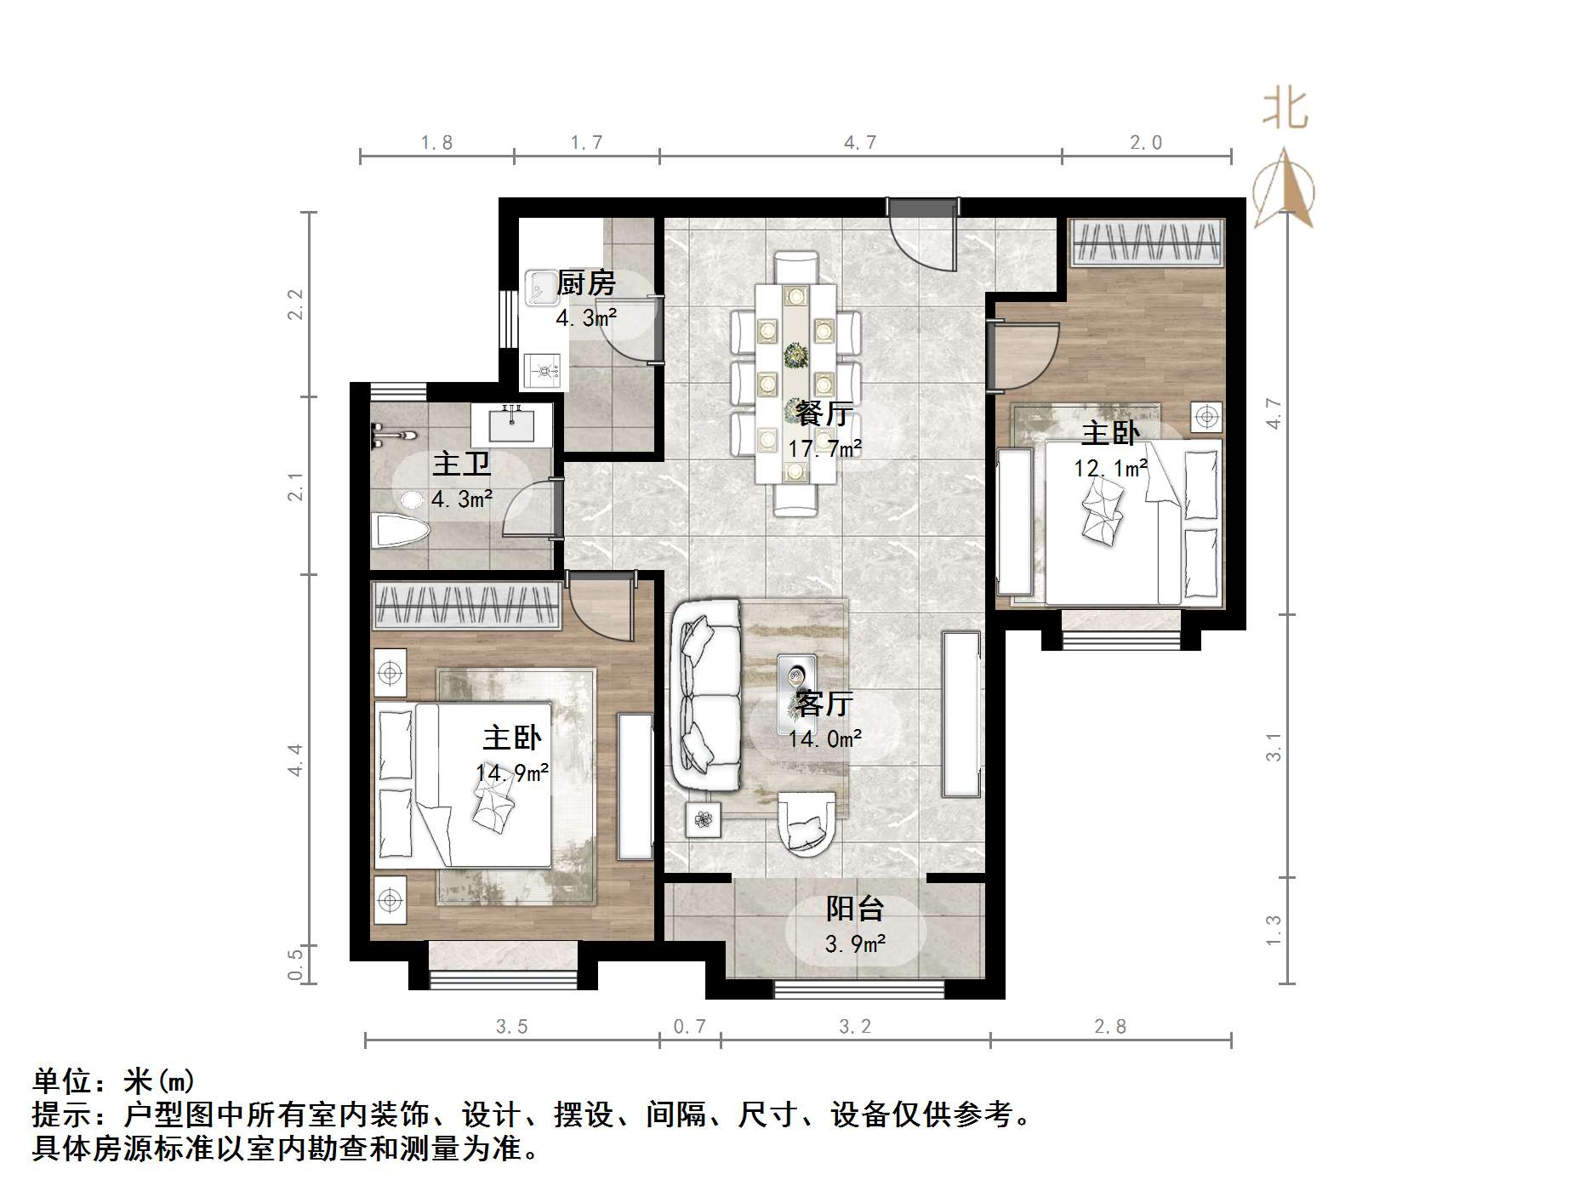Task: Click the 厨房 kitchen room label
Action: pos(585,283)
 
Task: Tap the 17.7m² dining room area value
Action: pos(824,448)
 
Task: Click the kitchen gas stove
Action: pos(542,369)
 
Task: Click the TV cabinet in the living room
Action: pos(961,713)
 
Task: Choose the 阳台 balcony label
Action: pos(855,909)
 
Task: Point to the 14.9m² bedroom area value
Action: pos(511,772)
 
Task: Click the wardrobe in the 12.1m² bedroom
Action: pos(1146,242)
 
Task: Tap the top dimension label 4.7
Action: pos(859,143)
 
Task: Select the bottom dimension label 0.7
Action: pos(689,1027)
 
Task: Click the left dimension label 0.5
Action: pos(295,964)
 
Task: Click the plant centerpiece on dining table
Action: pos(796,354)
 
